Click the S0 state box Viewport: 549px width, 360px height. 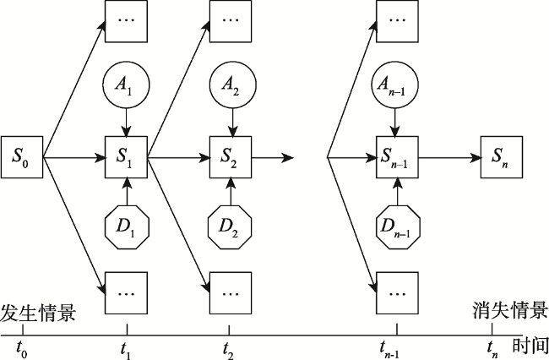click(22, 157)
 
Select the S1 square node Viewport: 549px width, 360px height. click(127, 157)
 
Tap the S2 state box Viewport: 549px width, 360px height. click(231, 157)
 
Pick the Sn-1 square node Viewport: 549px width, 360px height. click(397, 157)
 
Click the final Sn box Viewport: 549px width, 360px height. click(502, 157)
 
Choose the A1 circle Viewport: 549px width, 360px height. click(126, 85)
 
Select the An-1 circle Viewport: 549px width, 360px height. click(395, 85)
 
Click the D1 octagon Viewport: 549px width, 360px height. click(127, 227)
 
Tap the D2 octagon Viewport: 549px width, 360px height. click(230, 227)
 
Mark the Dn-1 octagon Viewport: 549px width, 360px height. click(398, 227)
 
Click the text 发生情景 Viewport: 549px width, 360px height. click(38, 312)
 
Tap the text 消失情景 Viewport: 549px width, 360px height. click(510, 310)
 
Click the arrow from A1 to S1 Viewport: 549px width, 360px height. click(126, 123)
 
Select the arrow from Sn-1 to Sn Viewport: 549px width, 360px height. click(449, 157)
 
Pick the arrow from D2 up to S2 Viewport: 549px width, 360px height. click(231, 192)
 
